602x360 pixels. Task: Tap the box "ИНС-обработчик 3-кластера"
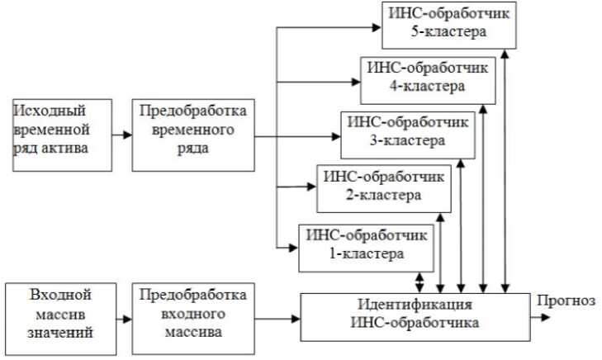pos(407,131)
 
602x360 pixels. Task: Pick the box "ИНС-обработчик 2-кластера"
pos(384,187)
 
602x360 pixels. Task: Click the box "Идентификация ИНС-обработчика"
pos(418,315)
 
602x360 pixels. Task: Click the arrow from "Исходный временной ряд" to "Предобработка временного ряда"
pos(122,135)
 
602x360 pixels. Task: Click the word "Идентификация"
pos(418,305)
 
